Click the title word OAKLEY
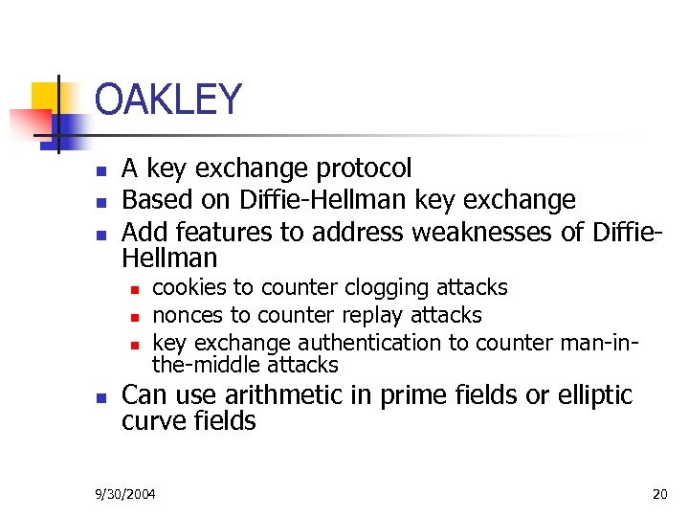point(168,99)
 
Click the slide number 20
point(658,494)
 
